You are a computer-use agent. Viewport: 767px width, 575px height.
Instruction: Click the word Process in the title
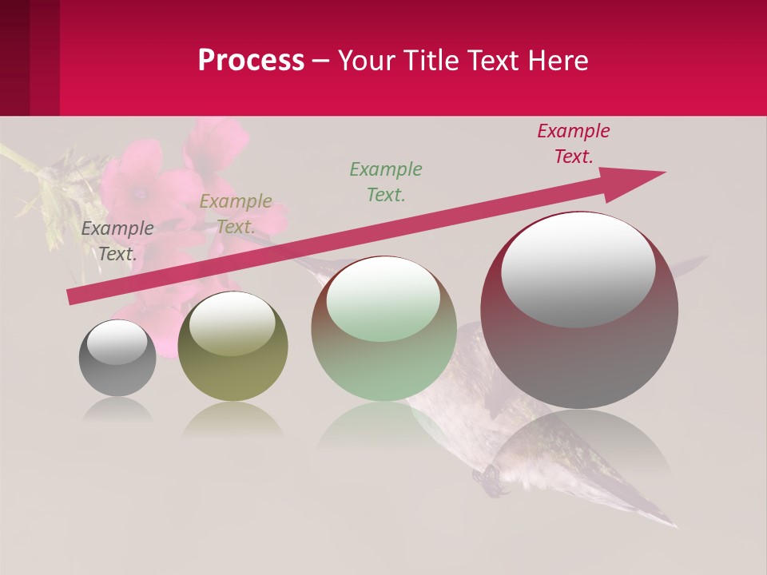[251, 61]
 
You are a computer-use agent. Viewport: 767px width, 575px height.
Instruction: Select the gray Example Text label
[117, 241]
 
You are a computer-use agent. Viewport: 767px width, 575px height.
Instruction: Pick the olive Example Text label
[235, 214]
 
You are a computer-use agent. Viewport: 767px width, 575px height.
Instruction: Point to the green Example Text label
[386, 181]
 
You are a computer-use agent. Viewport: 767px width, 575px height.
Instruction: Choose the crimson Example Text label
[573, 144]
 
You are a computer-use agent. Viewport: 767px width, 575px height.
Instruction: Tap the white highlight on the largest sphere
[578, 269]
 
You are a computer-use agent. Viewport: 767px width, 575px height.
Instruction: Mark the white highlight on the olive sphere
[232, 322]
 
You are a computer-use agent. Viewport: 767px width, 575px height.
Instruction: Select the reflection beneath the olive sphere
[232, 418]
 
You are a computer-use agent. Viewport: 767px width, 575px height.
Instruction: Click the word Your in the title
[365, 61]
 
